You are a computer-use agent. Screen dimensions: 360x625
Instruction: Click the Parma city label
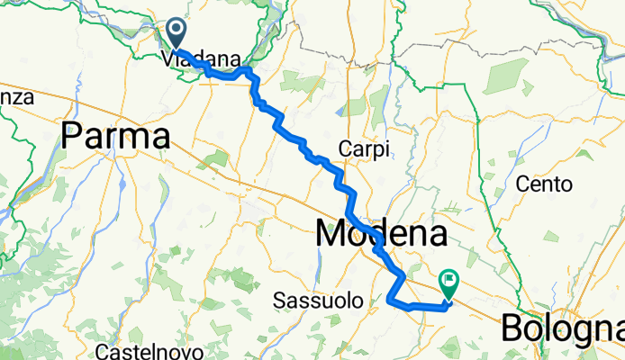117,137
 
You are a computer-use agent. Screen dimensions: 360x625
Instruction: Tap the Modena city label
382,236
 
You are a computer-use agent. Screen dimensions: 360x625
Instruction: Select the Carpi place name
364,149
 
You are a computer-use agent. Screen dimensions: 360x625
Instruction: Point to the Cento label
545,184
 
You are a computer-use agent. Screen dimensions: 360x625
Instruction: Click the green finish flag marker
448,283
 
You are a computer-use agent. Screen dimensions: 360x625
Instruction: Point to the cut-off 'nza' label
16,95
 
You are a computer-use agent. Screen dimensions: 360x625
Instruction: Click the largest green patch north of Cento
507,76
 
